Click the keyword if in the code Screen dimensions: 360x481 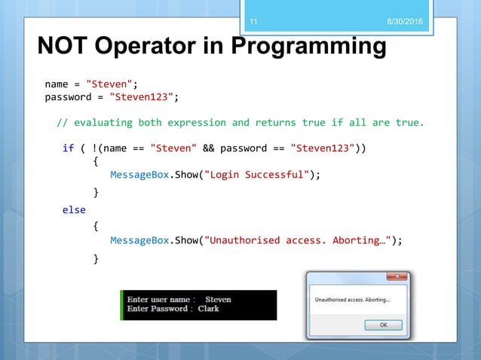[x=68, y=148]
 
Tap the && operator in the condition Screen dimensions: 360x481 [x=210, y=148]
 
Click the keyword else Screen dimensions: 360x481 [x=74, y=209]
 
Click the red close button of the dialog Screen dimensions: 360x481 [x=397, y=276]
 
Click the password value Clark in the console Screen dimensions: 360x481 [x=208, y=309]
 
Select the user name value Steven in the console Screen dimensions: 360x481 [x=218, y=299]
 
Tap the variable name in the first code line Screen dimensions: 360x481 [x=57, y=83]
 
